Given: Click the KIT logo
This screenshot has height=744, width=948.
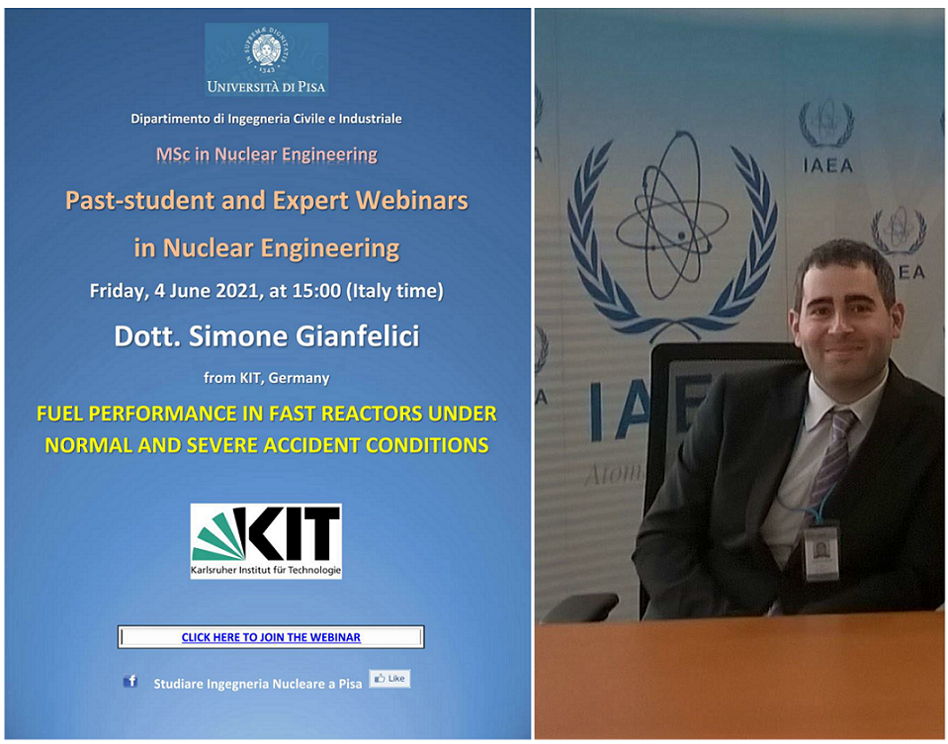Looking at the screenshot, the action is (x=266, y=541).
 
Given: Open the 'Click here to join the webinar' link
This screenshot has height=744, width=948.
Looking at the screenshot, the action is (x=271, y=637).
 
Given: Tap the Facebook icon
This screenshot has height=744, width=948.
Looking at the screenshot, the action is (x=129, y=681).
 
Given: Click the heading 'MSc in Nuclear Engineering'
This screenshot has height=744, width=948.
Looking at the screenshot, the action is (x=267, y=155).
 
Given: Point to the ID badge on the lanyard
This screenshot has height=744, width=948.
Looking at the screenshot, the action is (x=821, y=551).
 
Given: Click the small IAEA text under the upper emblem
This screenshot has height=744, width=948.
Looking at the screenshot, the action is (x=827, y=165).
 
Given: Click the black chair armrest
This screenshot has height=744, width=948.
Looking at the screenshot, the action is (x=580, y=606).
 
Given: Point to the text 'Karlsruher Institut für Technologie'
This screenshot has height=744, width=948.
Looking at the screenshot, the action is (x=266, y=570).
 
